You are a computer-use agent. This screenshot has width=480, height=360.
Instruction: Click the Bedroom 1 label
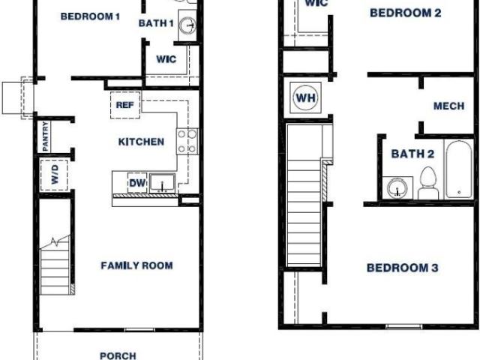tap(90, 16)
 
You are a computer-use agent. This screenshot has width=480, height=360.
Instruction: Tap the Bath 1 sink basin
tap(187, 25)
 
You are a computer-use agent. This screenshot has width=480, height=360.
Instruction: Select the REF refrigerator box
tap(125, 105)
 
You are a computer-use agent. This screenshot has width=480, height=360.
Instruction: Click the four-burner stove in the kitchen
tap(187, 142)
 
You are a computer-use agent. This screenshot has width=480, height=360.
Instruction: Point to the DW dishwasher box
tap(137, 183)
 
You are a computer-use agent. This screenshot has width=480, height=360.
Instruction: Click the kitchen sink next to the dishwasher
tap(162, 183)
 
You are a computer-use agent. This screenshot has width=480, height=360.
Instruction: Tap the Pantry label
tap(45, 136)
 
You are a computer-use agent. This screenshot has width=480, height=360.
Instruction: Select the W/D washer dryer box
tap(54, 175)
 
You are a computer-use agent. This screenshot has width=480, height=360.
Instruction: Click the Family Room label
tap(136, 265)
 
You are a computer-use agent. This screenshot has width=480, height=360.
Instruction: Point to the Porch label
tap(118, 355)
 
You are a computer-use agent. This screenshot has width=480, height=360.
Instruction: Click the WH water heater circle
tap(306, 98)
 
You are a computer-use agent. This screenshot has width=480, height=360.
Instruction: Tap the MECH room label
tap(448, 106)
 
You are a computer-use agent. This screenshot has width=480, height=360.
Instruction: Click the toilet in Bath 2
tap(428, 183)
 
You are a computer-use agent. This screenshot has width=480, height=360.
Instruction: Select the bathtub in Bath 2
tap(458, 169)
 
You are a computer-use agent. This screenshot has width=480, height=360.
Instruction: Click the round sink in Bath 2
tap(397, 188)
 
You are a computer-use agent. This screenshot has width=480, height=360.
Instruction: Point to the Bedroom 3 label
tap(402, 268)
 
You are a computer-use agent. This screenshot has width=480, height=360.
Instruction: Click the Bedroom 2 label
tap(406, 13)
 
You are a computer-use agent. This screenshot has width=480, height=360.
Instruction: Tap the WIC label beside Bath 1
tap(166, 59)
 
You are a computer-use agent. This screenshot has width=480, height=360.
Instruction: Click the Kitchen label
tap(141, 142)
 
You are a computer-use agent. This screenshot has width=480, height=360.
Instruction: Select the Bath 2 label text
tap(412, 154)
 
